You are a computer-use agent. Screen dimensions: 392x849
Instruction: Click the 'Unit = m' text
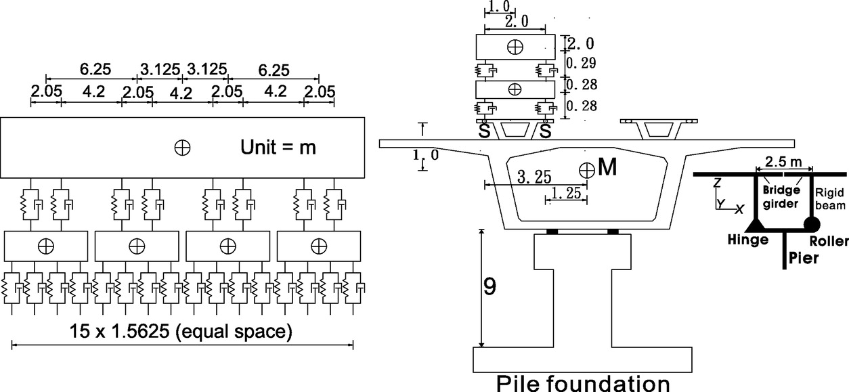[x=278, y=147]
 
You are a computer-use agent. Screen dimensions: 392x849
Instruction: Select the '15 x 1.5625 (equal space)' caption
[x=181, y=332]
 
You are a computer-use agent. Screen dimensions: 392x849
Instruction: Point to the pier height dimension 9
[x=489, y=287]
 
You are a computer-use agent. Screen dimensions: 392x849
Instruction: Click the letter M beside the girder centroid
[x=608, y=167]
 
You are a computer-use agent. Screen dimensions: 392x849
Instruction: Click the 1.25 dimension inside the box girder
[x=565, y=194]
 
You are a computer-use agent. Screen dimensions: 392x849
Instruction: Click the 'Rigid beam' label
[x=827, y=198]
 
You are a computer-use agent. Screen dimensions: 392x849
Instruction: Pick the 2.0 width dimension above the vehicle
[x=515, y=22]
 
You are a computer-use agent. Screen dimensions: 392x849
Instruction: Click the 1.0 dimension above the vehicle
[x=499, y=6]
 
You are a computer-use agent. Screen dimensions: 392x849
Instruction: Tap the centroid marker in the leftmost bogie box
[x=46, y=244]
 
